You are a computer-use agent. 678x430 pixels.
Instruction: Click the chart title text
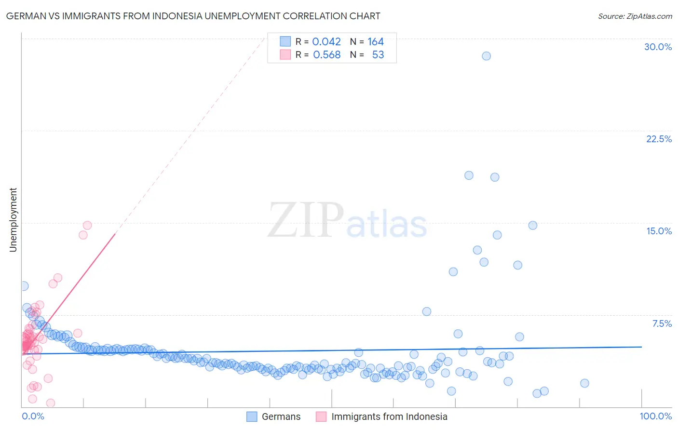(x=193, y=16)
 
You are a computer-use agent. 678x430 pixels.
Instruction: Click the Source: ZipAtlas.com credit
(x=635, y=16)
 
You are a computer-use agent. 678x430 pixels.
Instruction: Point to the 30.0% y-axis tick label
(x=658, y=47)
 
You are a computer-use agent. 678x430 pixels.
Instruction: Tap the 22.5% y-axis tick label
(x=659, y=139)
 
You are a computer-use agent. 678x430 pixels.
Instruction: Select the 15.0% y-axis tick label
(x=659, y=231)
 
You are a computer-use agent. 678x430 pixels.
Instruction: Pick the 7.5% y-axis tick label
(x=662, y=323)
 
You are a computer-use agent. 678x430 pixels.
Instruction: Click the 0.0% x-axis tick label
(x=33, y=416)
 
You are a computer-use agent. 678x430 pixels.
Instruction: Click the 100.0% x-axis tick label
(x=655, y=416)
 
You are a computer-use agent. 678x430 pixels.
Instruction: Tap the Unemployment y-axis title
(x=13, y=220)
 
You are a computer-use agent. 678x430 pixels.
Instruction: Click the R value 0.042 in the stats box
(x=326, y=42)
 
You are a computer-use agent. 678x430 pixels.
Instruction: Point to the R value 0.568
(x=326, y=55)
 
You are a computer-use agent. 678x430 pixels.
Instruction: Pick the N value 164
(x=376, y=42)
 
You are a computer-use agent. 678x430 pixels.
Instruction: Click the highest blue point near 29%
(x=486, y=56)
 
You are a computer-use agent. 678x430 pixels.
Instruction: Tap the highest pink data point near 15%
(x=87, y=225)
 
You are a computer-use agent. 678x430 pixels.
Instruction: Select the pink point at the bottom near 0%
(x=50, y=403)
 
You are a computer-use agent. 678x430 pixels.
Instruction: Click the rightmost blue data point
(x=584, y=383)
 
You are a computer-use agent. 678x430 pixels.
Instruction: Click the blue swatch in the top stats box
(x=285, y=41)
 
